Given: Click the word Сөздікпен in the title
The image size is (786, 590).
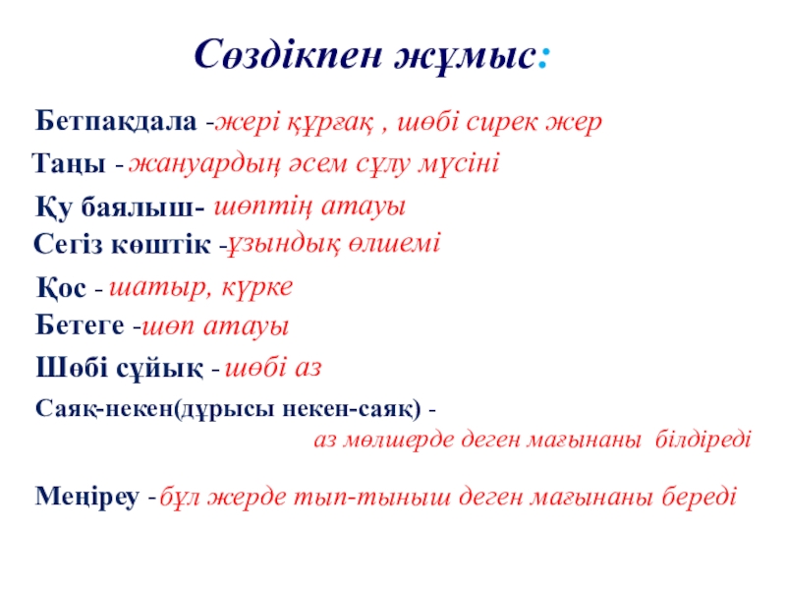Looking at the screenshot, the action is click(288, 54).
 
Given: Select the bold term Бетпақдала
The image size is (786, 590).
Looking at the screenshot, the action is click(116, 122).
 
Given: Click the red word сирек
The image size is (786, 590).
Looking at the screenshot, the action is click(502, 122).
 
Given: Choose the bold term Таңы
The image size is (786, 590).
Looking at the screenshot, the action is click(69, 163).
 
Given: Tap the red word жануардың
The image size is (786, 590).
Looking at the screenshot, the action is click(204, 165).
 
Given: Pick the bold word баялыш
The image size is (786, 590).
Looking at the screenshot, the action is click(138, 206).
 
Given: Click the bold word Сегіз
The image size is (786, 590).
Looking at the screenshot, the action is click(68, 244).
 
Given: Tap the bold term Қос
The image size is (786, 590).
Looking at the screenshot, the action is click(61, 287).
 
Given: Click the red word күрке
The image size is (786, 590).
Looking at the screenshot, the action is click(256, 288).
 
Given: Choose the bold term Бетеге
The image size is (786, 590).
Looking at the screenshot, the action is click(80, 325).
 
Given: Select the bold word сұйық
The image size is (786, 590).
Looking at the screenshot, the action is click(159, 368).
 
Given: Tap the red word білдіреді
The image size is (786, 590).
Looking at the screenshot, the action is click(702, 439).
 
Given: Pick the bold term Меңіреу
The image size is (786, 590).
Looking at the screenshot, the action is click(87, 497).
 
